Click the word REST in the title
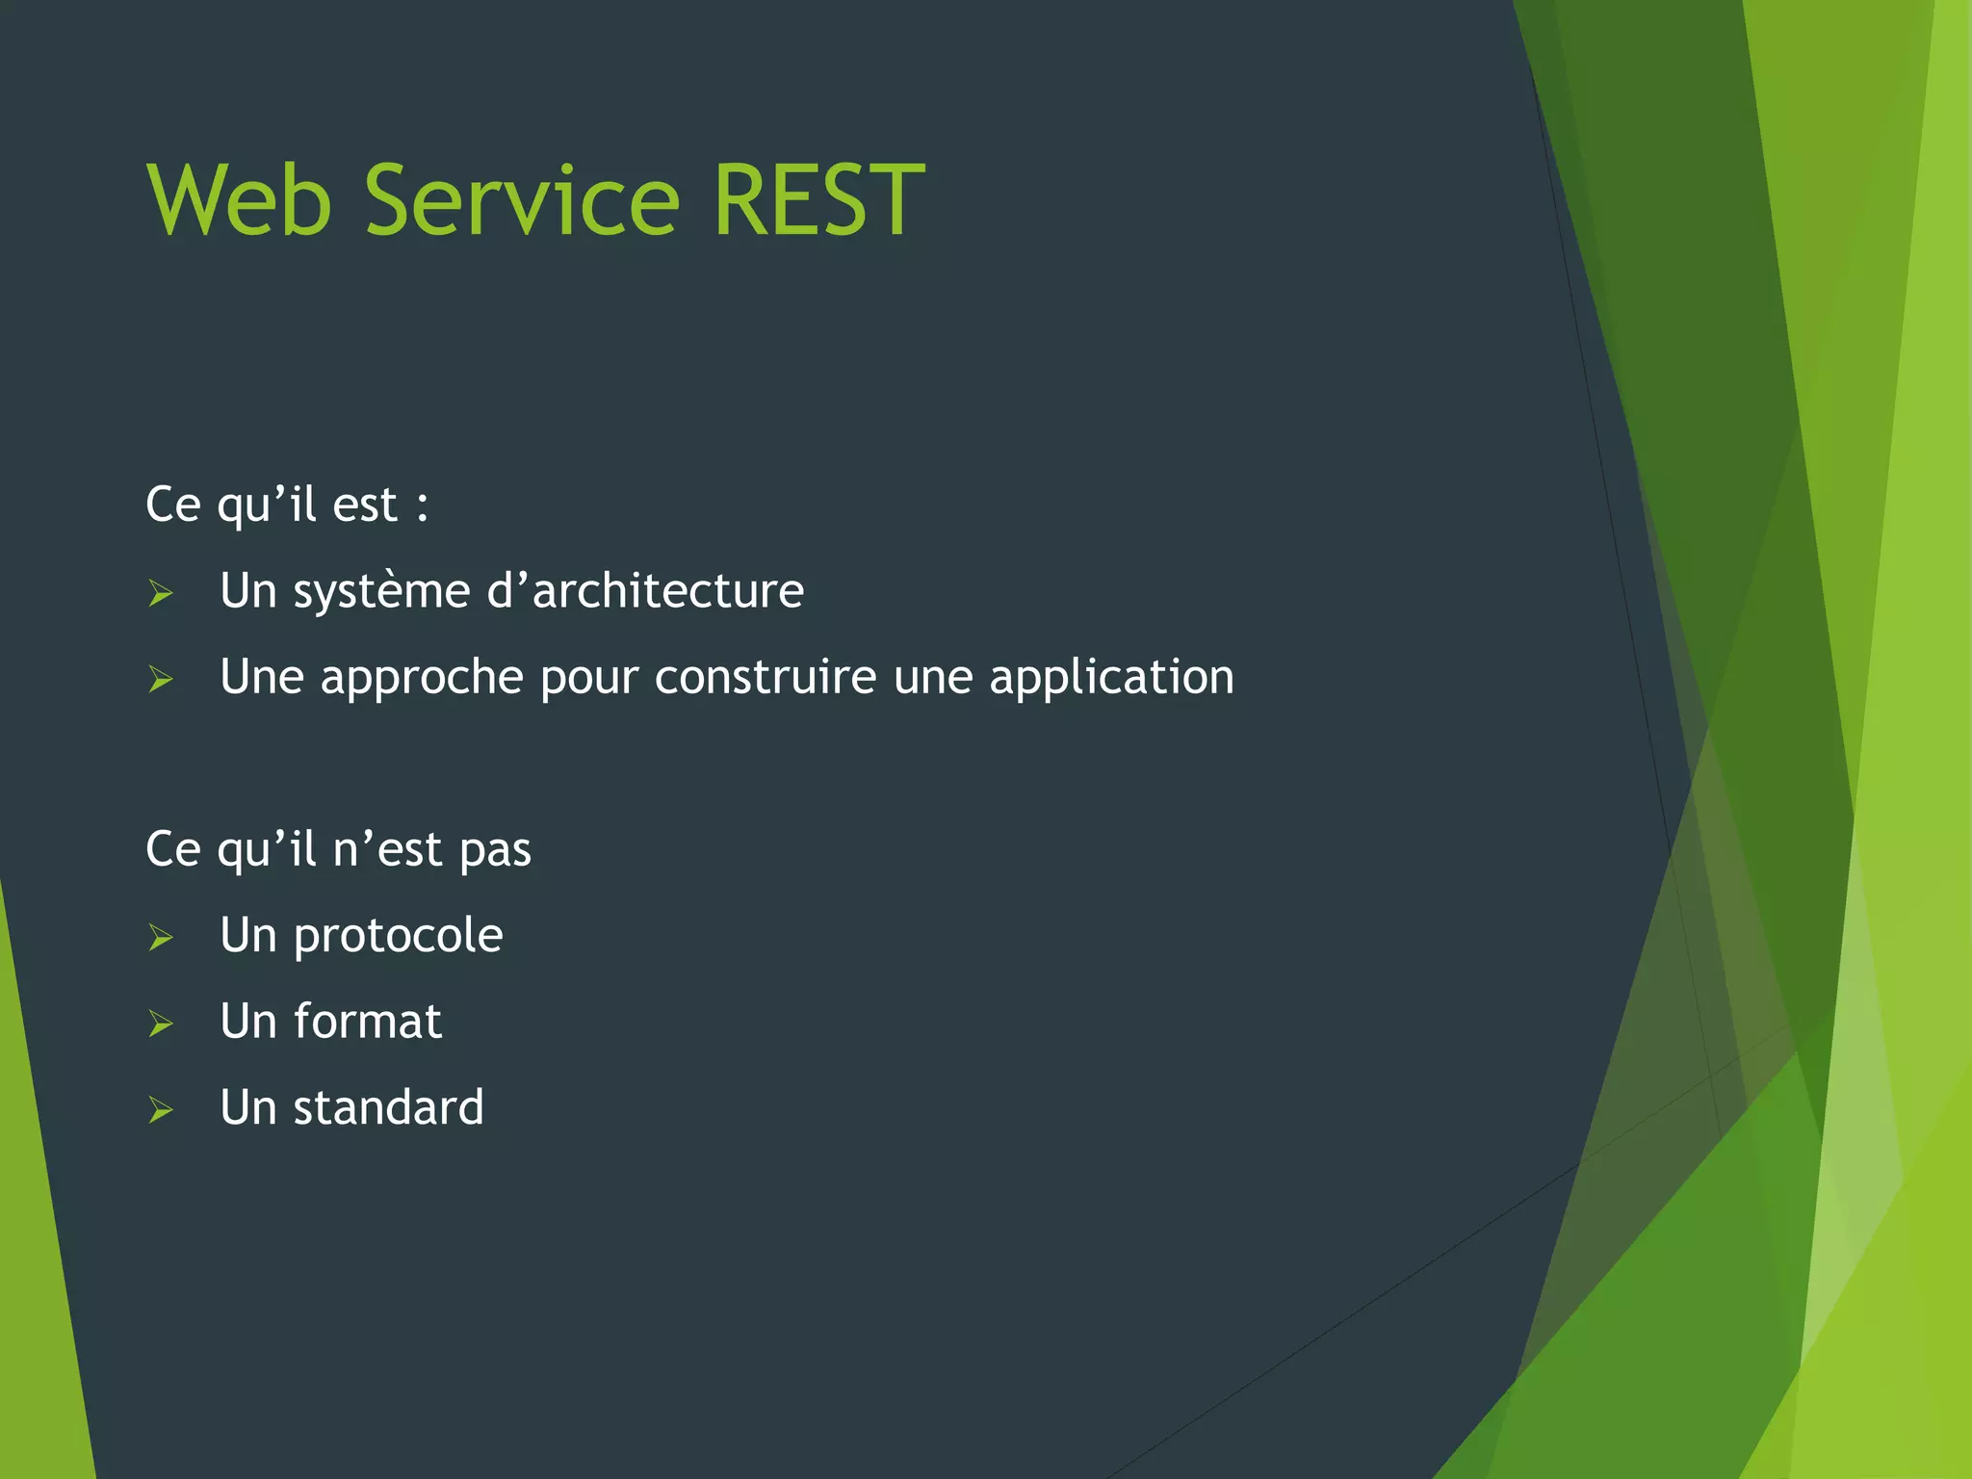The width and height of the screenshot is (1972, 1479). [817, 200]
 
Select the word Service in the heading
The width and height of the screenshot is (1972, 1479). [522, 200]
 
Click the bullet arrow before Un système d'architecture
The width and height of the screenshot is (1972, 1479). [161, 593]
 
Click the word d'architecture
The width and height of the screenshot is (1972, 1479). [645, 590]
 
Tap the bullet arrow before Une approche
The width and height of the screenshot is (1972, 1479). [161, 680]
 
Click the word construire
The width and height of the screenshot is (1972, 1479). [765, 677]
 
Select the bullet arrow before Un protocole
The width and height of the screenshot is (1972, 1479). [161, 938]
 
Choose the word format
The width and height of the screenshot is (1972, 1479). [367, 1022]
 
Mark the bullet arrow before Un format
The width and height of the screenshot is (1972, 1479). [161, 1024]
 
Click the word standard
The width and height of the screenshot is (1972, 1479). [388, 1108]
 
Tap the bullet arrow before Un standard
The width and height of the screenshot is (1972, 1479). [161, 1110]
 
